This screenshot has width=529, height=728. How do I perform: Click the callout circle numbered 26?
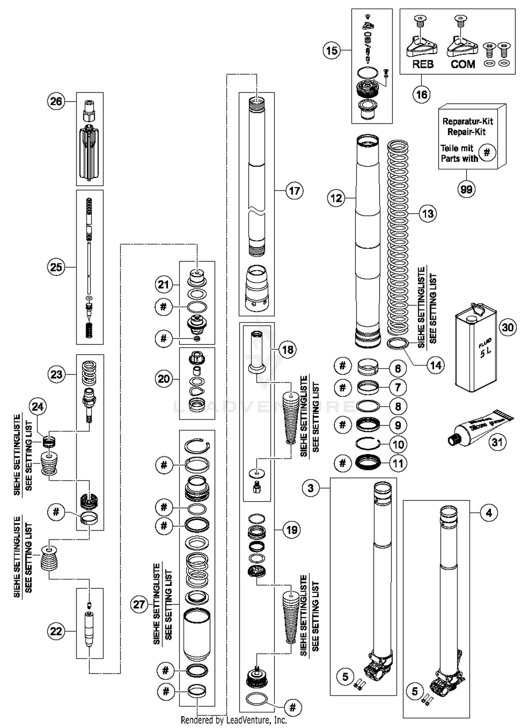56,101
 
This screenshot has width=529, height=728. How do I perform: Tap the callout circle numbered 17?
294,191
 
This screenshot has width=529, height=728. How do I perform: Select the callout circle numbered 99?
466,189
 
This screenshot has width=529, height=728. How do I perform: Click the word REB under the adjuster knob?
422,64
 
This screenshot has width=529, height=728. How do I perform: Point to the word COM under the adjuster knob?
463,64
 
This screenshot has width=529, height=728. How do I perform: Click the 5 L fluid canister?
476,349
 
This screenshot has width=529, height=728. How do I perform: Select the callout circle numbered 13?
428,213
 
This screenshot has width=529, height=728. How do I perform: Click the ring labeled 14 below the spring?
398,343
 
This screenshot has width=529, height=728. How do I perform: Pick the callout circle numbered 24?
38,407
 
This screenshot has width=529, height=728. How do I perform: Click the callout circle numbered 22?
56,631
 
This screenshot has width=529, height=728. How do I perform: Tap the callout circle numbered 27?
139,605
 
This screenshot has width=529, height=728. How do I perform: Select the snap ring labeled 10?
367,444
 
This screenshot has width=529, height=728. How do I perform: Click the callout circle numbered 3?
311,488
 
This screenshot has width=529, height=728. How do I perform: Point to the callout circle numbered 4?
489,513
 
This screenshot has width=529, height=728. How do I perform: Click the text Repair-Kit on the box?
466,132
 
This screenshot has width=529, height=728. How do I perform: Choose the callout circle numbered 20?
164,379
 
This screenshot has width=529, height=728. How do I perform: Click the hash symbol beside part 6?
342,366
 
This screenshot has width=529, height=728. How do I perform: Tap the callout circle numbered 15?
332,51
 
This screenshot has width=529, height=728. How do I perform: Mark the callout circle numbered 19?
292,530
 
